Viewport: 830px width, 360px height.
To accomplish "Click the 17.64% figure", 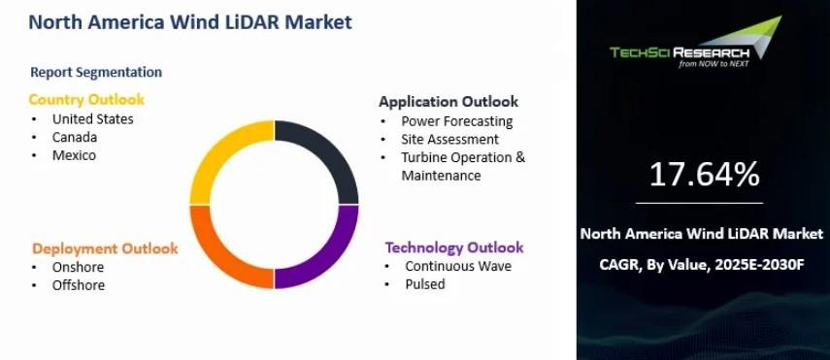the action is click(704, 174).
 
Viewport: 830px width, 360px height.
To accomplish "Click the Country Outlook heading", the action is click(86, 100).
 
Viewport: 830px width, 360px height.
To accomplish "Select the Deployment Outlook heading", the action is click(105, 248).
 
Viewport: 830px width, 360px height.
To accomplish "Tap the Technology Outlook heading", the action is click(454, 247).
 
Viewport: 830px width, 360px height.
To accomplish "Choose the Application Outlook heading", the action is click(448, 101).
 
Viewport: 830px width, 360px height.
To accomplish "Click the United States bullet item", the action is click(92, 118).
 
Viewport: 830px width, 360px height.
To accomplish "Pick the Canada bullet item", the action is click(75, 137).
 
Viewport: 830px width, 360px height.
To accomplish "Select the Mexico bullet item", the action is click(74, 155).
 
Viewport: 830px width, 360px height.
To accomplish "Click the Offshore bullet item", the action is click(79, 285).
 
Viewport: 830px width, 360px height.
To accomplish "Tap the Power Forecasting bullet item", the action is click(457, 121).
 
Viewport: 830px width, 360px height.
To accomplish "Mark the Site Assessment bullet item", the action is click(449, 139).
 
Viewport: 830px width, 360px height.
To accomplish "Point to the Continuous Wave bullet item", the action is click(458, 266).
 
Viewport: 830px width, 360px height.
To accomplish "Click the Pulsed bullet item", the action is click(425, 283).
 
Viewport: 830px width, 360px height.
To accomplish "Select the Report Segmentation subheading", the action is click(96, 72).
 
